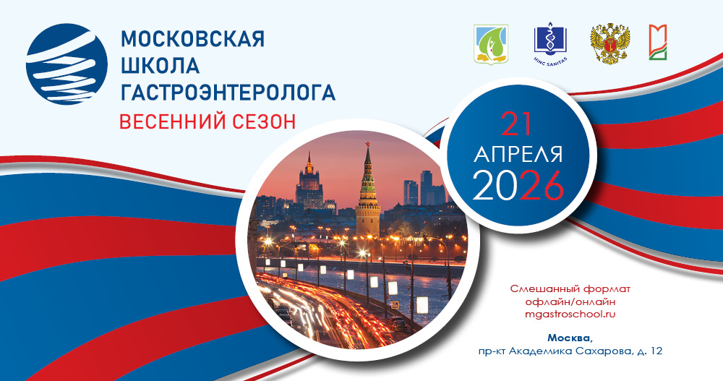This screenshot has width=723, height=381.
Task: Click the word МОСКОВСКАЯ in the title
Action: coord(192,39)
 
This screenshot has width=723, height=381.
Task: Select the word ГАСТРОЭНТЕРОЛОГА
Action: coord(228,92)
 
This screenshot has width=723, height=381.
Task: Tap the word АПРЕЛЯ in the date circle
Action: coord(518,155)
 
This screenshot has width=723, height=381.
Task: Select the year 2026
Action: coord(518,187)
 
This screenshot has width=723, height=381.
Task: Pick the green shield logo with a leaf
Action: coord(489,44)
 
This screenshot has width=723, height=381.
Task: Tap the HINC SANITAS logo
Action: coord(551,43)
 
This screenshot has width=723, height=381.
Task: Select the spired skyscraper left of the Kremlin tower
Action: coord(309,181)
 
